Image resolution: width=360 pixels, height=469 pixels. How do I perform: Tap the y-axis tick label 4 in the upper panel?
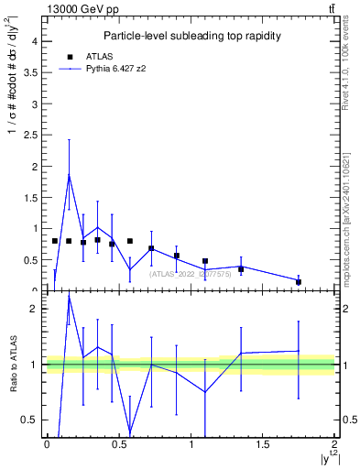(x=33, y=41)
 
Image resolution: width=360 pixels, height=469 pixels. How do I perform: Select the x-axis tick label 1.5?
(x=263, y=444)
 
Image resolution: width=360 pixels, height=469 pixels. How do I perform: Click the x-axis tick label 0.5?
(x=118, y=444)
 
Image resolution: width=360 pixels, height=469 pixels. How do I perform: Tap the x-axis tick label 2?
(x=335, y=444)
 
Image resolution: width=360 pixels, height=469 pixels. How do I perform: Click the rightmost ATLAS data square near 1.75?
(x=299, y=282)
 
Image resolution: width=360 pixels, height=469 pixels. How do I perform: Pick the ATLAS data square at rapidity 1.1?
(x=205, y=261)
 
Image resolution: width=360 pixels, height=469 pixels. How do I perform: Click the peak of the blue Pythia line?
(x=69, y=175)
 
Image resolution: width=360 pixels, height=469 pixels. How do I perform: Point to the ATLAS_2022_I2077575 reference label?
(x=190, y=274)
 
